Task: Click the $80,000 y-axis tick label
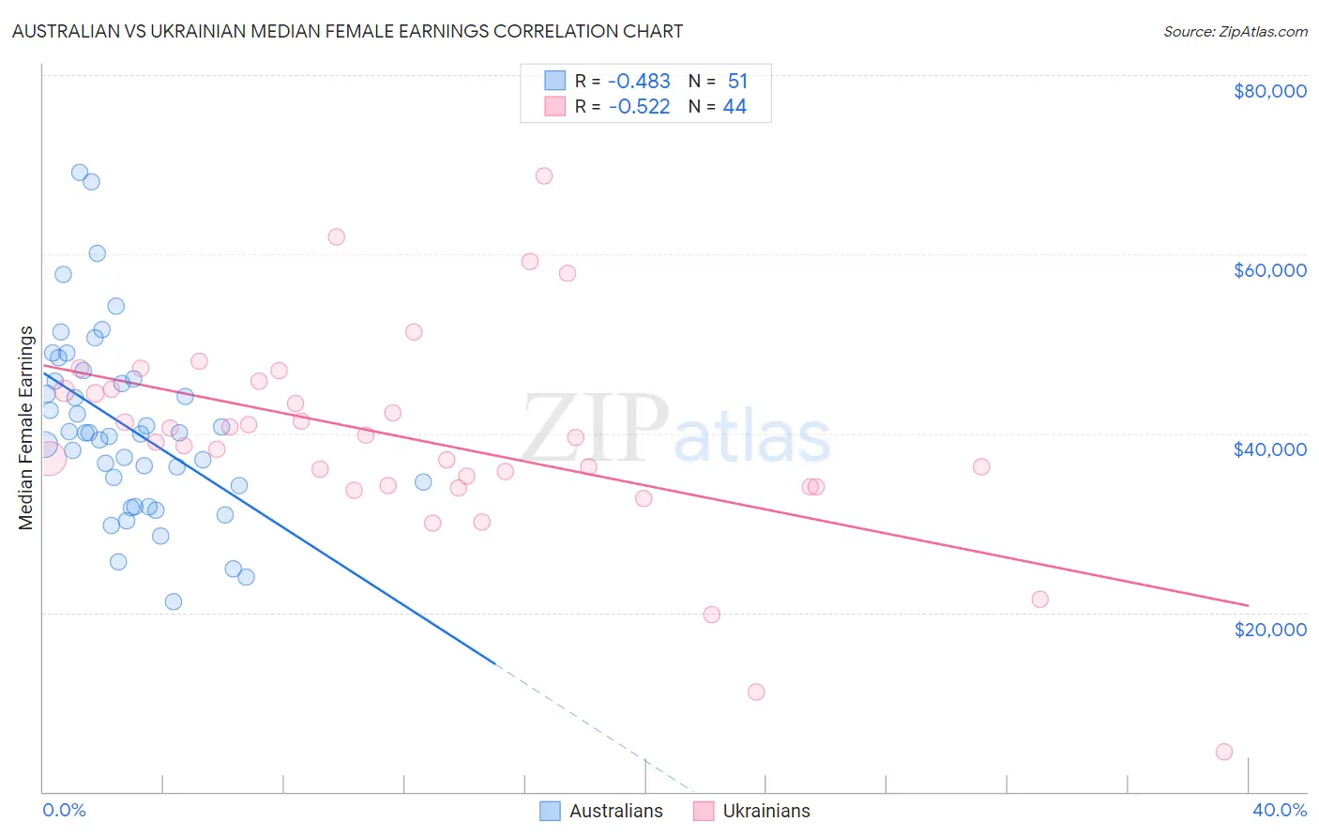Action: point(1269,91)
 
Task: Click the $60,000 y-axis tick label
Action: point(1269,270)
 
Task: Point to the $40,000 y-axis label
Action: point(1269,449)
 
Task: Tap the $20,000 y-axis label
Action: point(1269,629)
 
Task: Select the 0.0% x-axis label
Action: point(64,810)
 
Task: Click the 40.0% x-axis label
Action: point(1279,810)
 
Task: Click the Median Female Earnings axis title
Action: point(26,428)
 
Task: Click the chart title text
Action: point(347,31)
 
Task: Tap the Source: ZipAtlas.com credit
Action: point(1235,31)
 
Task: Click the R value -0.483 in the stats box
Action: point(639,82)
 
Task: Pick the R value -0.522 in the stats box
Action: point(639,107)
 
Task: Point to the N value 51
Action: point(737,82)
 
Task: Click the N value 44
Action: point(735,107)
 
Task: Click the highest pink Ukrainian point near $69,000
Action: point(544,175)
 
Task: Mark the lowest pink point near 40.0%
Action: point(1223,752)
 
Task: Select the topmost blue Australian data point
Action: point(80,173)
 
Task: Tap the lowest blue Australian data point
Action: point(174,601)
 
